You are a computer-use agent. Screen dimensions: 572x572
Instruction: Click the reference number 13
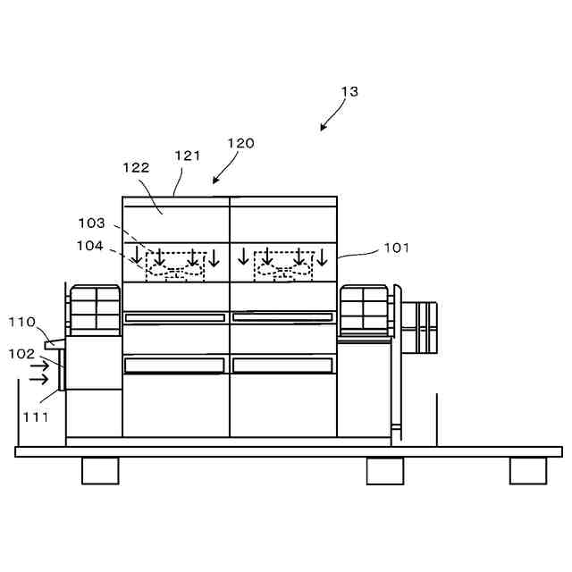pyautogui.click(x=349, y=92)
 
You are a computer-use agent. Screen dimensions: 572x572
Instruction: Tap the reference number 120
pyautogui.click(x=240, y=143)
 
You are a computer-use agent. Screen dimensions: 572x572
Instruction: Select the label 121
pyautogui.click(x=188, y=156)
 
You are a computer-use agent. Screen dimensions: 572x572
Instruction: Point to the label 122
pyautogui.click(x=136, y=167)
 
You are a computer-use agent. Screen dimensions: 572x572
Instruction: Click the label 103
pyautogui.click(x=91, y=223)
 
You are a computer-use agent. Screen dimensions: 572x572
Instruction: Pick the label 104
pyautogui.click(x=91, y=245)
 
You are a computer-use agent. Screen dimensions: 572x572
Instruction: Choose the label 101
pyautogui.click(x=396, y=247)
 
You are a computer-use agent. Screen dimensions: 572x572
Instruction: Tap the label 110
pyautogui.click(x=21, y=322)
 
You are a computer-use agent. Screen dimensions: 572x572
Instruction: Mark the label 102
pyautogui.click(x=21, y=353)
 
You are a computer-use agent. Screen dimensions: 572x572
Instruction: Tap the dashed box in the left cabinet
pyautogui.click(x=175, y=266)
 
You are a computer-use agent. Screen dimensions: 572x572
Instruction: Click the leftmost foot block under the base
pyautogui.click(x=100, y=471)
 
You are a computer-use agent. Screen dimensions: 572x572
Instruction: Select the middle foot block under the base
pyautogui.click(x=384, y=471)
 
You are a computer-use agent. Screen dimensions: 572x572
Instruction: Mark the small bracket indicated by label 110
pyautogui.click(x=53, y=341)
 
